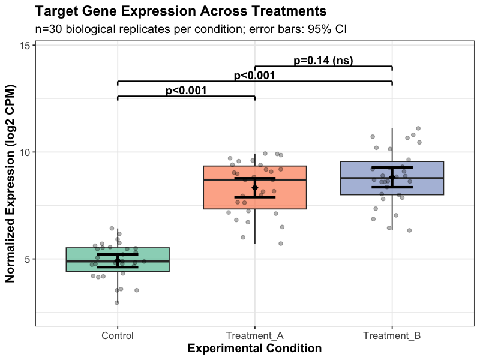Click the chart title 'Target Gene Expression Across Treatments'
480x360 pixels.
(x=181, y=11)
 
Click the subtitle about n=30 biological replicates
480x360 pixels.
(x=191, y=29)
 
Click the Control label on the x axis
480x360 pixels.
(x=118, y=335)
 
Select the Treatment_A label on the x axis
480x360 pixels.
(x=255, y=335)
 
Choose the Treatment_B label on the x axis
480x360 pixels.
(x=392, y=335)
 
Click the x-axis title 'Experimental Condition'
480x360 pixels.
(x=255, y=349)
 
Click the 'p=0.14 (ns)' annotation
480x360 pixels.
(x=323, y=60)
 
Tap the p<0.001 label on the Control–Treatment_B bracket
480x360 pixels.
(x=254, y=76)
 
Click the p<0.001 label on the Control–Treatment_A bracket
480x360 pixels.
(x=186, y=91)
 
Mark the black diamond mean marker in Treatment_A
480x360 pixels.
(x=255, y=188)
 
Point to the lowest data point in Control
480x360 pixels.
(x=117, y=302)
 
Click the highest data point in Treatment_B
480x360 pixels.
(x=418, y=128)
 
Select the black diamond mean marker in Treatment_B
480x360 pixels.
(x=392, y=177)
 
